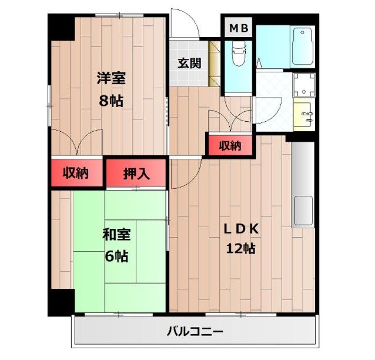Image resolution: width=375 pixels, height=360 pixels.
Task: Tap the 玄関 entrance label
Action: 190,63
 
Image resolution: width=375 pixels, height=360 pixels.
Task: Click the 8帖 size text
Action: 111,100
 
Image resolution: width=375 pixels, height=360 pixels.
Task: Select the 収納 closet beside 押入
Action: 76,173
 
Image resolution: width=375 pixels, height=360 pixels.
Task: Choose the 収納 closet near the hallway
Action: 229,145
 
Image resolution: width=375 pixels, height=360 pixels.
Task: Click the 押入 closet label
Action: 136,173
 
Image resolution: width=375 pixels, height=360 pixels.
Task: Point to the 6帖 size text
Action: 116,256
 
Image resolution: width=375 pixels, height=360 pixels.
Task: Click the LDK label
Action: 240,228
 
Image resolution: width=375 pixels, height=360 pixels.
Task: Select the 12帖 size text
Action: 240,248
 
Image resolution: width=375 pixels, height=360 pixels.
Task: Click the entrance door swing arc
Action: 185,24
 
